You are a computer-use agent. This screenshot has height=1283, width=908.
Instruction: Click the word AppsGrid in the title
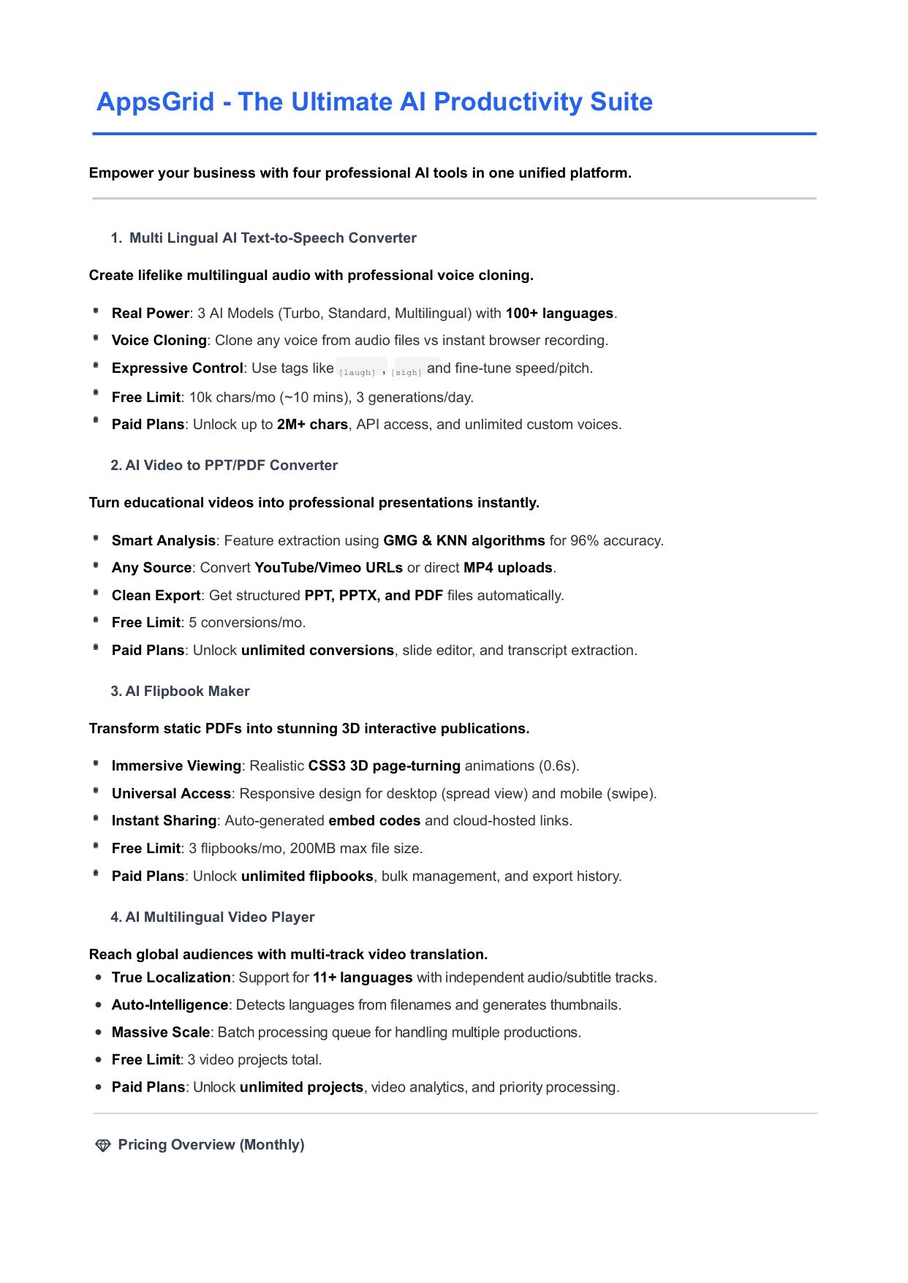(155, 102)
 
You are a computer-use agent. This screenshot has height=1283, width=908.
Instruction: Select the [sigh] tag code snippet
(406, 372)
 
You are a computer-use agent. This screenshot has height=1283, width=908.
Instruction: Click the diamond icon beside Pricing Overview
(103, 1146)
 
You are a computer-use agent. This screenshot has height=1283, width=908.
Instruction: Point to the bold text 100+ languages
(559, 314)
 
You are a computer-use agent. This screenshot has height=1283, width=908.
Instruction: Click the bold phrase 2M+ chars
(312, 425)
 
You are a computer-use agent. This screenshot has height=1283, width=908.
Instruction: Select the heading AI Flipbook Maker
(187, 692)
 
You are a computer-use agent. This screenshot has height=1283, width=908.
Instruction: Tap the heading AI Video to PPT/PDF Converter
(231, 466)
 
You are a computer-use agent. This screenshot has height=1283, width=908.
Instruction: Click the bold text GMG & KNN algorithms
(464, 541)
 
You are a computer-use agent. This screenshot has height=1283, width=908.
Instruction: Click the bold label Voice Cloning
(159, 341)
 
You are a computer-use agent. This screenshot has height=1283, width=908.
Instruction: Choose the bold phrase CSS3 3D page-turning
(384, 766)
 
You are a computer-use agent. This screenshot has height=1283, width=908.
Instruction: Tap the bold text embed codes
(374, 821)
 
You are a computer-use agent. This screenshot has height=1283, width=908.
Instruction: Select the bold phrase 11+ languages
(363, 978)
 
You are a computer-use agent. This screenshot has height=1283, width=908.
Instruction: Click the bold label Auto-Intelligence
(170, 1005)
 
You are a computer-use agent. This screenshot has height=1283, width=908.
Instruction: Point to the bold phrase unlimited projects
(301, 1088)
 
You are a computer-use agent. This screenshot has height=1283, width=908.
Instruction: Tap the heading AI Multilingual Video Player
(219, 917)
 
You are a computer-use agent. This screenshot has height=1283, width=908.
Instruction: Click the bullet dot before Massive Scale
(98, 1033)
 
